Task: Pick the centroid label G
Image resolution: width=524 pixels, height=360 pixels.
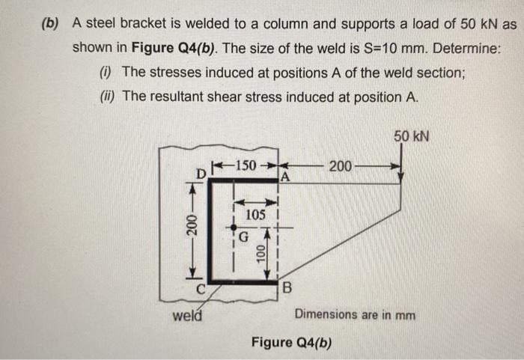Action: pos(242,240)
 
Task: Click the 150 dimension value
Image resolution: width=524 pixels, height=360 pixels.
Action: pos(245,165)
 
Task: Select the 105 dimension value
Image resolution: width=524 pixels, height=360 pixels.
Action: pos(256,215)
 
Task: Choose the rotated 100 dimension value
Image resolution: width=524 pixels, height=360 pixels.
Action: pos(260,253)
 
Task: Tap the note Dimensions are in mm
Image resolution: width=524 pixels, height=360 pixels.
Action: pos(356,314)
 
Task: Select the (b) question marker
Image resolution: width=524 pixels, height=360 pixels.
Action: pos(50,23)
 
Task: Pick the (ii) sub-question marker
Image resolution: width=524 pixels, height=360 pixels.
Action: pos(106,97)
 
